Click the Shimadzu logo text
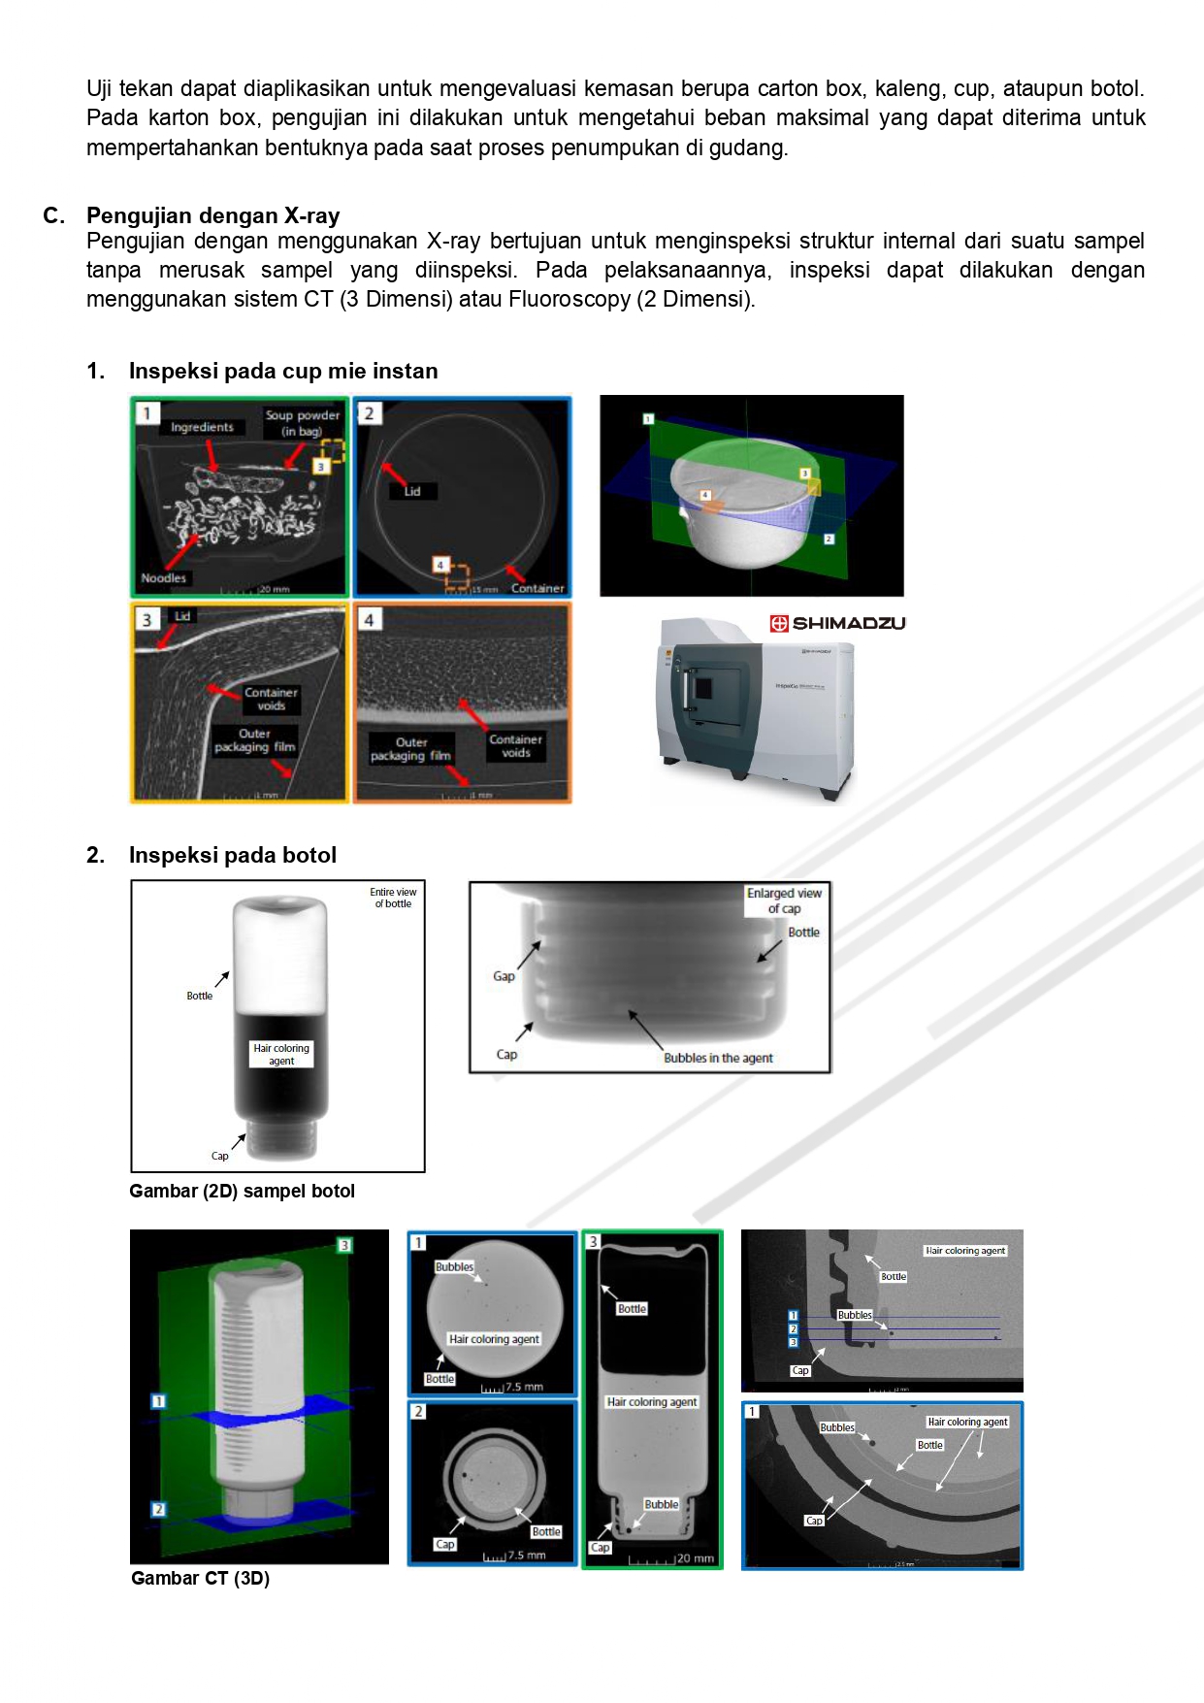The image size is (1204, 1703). tap(848, 623)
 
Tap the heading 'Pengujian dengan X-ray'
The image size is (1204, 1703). tap(212, 215)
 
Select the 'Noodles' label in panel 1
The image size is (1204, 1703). tap(163, 578)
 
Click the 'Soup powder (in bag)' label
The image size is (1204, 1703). tap(302, 423)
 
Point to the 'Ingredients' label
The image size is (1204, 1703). tap(202, 427)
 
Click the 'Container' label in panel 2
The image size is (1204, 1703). tap(537, 588)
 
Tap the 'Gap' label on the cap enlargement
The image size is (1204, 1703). tap(504, 976)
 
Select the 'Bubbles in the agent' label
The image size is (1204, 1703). tap(718, 1058)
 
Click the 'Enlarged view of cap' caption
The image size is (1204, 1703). tap(784, 901)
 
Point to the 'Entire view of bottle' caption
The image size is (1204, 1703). tap(393, 898)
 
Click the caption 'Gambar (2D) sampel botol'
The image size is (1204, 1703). tap(242, 1192)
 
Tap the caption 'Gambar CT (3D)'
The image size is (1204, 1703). tap(200, 1579)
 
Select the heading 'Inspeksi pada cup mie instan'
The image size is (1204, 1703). tap(282, 371)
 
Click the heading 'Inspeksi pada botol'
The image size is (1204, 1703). tap(232, 855)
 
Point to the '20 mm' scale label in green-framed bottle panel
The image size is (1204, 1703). tap(695, 1558)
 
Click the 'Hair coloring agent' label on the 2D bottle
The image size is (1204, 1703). tap(281, 1054)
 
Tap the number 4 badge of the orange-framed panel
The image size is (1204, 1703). tap(369, 619)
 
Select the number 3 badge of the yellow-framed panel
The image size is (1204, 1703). tap(146, 619)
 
